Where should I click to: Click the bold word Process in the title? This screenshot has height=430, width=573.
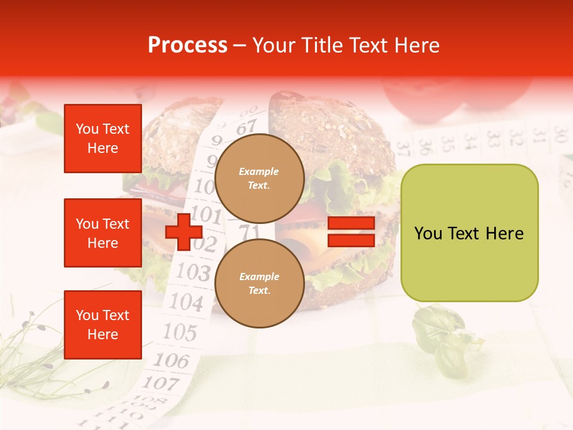point(187,45)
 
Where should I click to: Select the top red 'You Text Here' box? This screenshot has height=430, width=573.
point(103,139)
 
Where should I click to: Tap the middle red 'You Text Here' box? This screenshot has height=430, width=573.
point(103,233)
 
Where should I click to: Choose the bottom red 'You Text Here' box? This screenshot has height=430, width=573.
point(103,325)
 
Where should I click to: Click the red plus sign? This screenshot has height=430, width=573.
point(183,232)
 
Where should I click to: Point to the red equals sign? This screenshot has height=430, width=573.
point(351,232)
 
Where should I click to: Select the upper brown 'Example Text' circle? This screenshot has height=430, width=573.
point(259,178)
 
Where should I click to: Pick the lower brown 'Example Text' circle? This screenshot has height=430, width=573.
point(259,283)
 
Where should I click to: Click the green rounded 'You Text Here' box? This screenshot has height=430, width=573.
point(469,233)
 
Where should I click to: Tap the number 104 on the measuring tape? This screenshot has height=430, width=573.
point(186,302)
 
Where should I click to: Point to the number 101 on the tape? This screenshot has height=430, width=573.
point(207,214)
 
